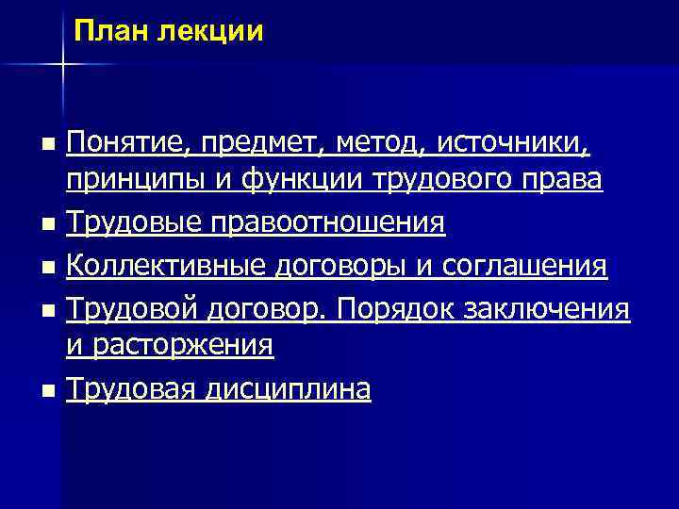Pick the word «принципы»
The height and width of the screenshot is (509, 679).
click(x=124, y=180)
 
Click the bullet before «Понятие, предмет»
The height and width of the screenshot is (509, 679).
click(x=49, y=145)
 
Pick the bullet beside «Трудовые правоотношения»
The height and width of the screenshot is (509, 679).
click(x=49, y=225)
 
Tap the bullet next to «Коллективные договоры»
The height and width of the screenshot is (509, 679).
click(x=49, y=268)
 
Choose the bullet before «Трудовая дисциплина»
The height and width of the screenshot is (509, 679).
click(x=49, y=389)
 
